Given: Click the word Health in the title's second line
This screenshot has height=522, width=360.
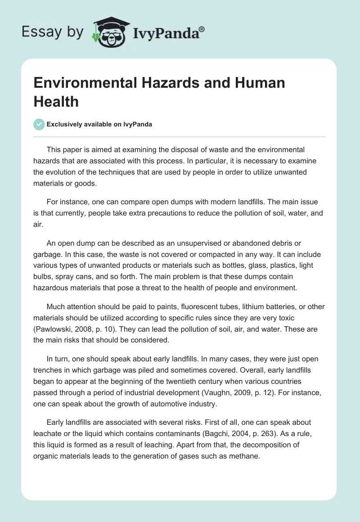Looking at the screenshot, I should point(56,101).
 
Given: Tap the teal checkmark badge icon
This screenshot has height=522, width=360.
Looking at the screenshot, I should point(39,125).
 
